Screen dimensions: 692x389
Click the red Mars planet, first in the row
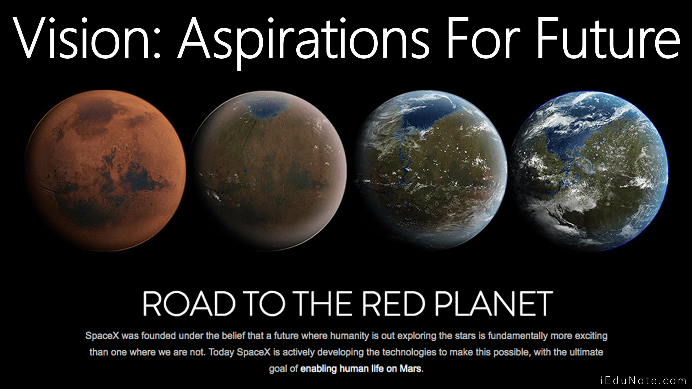[105, 171]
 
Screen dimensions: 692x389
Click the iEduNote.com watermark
[644, 380]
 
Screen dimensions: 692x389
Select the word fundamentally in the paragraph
[518, 336]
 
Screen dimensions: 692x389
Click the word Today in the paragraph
[221, 352]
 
